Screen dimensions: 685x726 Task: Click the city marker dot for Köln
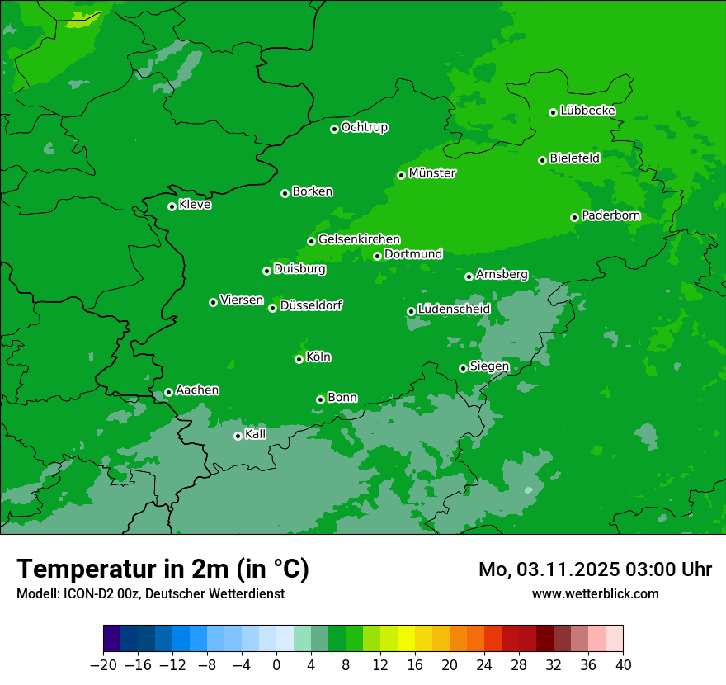coord(299,359)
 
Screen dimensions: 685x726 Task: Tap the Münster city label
coord(432,173)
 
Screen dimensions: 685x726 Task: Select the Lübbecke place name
coord(587,111)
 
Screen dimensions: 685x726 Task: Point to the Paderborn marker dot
coord(574,217)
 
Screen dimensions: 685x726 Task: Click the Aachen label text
coord(197,390)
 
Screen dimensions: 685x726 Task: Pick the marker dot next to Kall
coord(238,436)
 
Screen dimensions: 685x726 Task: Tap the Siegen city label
coord(489,366)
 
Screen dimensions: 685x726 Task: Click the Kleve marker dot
coord(172,206)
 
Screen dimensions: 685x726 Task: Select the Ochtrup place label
coord(365,127)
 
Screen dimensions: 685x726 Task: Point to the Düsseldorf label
coord(311,305)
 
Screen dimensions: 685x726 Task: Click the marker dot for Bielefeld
coord(542,160)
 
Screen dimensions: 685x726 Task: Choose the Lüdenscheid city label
coord(455,309)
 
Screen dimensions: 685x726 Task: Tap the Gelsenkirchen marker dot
coord(311,241)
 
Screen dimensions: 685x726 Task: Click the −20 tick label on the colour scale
coord(103,665)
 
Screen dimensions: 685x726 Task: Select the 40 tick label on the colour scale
coord(623,665)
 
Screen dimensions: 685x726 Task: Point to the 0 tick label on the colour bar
coord(276,665)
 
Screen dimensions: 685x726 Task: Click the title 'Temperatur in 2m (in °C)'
coord(163,569)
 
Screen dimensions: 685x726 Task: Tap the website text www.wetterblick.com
coord(595,593)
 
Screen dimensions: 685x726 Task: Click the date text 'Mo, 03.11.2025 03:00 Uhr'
coord(595,569)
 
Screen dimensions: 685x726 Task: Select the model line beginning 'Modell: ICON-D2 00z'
coord(150,593)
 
